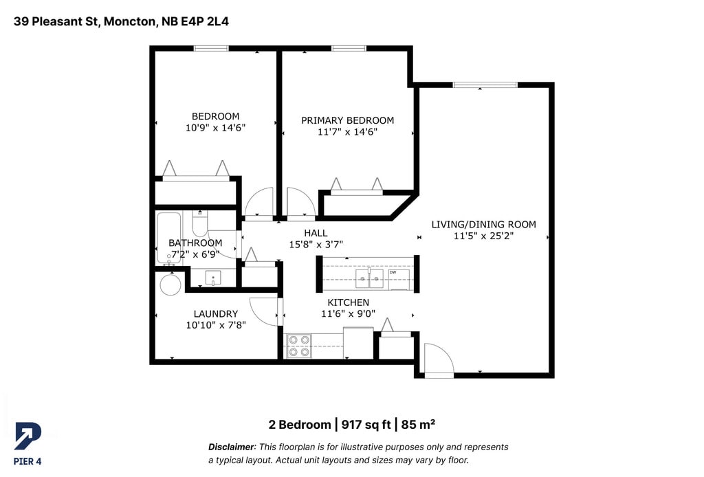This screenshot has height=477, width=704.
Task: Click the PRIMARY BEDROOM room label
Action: (347, 120)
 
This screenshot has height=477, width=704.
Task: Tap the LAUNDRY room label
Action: (215, 313)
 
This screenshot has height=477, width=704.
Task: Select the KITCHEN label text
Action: (348, 302)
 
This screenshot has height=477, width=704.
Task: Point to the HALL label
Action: (316, 233)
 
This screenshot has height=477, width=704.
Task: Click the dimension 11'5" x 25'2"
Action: (483, 236)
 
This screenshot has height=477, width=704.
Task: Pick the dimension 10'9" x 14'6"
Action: (215, 127)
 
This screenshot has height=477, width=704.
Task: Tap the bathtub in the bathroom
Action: (169, 238)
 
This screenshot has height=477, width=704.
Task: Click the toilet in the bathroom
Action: (200, 223)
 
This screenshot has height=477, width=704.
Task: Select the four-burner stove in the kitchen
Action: (300, 346)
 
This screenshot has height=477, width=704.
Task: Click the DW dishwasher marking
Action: (393, 272)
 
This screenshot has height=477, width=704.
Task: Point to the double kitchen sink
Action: (369, 278)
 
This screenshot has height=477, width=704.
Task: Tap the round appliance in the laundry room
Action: (170, 284)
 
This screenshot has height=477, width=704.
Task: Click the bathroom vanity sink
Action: (213, 278)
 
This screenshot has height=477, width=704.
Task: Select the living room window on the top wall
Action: (485, 85)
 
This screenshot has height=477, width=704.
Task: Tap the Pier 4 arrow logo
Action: (27, 436)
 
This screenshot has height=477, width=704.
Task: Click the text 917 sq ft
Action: (366, 425)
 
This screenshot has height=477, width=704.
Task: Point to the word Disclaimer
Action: (231, 447)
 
